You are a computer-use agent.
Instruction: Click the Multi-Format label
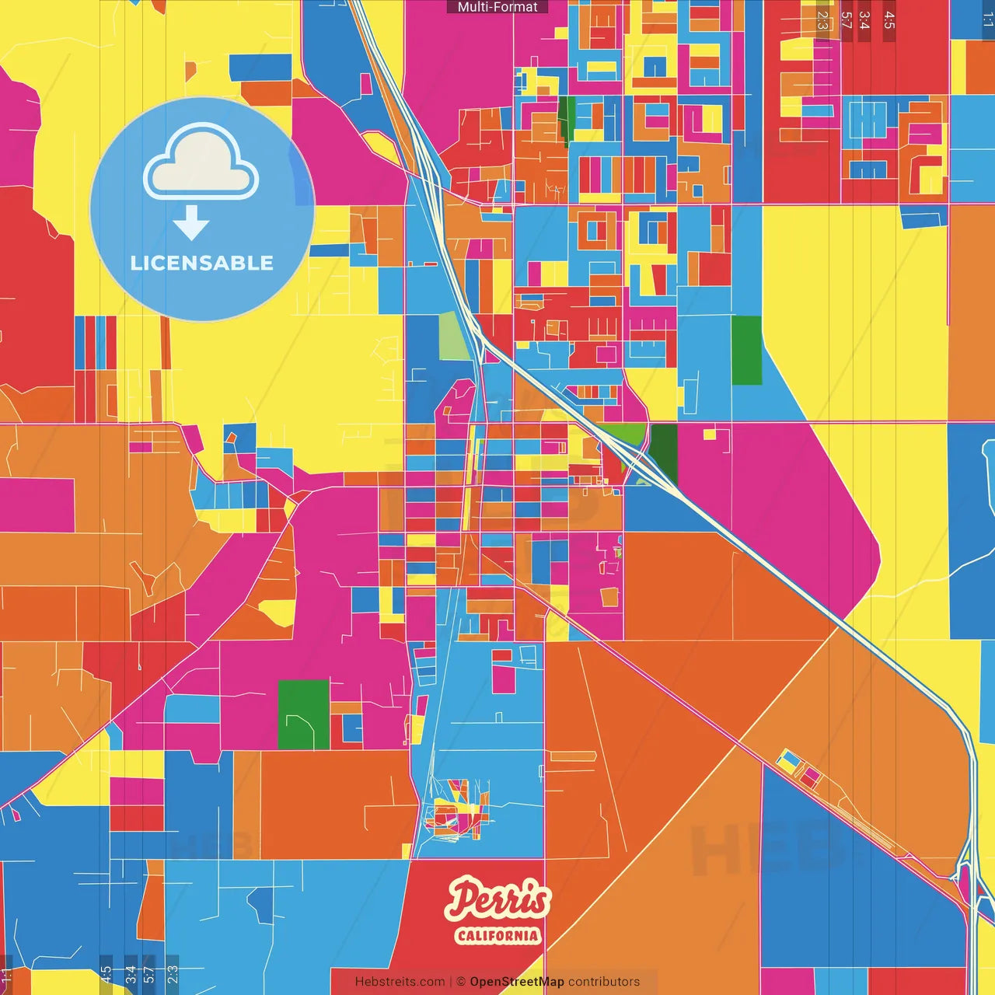(x=497, y=7)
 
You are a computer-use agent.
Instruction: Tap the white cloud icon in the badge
(x=201, y=165)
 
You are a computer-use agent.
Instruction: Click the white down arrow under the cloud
(x=191, y=224)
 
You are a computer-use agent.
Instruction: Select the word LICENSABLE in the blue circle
(x=201, y=263)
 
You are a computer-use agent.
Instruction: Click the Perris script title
(x=498, y=899)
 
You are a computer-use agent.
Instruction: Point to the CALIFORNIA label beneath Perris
(x=497, y=935)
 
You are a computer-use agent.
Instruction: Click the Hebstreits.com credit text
(x=400, y=982)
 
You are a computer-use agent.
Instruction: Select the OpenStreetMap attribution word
(x=517, y=982)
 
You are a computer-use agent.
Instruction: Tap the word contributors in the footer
(x=604, y=982)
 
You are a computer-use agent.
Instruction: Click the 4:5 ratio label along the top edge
(x=889, y=20)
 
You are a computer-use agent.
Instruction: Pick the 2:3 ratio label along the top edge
(x=822, y=20)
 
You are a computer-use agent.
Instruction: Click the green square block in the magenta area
(x=303, y=714)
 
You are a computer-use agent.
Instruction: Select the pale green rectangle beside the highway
(x=455, y=336)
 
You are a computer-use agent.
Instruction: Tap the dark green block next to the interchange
(x=663, y=454)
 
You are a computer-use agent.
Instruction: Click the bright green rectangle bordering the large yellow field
(x=746, y=351)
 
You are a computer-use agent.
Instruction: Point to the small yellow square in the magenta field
(x=709, y=434)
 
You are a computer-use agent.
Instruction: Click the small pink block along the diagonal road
(x=811, y=775)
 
